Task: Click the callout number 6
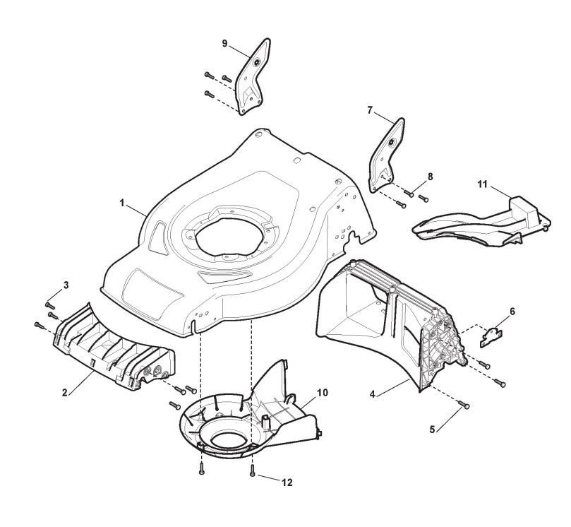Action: (x=512, y=311)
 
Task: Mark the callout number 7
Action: (x=369, y=110)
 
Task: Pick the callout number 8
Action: (x=430, y=175)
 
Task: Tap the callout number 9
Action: (x=224, y=42)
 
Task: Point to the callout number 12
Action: (x=286, y=482)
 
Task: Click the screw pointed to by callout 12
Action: (x=252, y=473)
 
